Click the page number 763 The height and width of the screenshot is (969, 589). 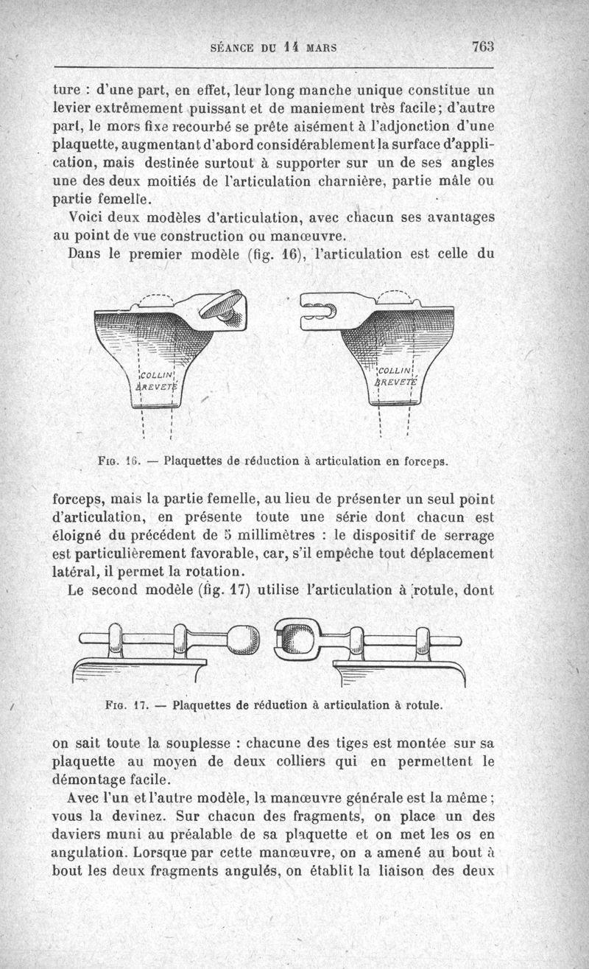tap(482, 46)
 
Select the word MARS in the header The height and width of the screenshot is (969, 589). tap(321, 48)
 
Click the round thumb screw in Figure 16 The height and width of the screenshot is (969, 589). tap(229, 303)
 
